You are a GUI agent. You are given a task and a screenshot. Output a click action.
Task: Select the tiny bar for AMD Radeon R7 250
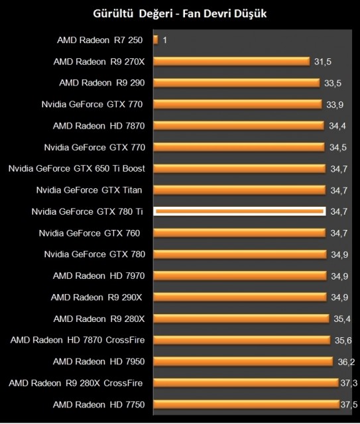156,40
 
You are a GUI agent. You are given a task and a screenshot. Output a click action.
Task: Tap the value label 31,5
323,62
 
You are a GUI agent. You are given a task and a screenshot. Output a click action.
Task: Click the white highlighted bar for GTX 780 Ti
239,211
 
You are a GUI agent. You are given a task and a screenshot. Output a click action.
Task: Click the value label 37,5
349,404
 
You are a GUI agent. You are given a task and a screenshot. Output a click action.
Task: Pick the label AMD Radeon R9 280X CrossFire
75,383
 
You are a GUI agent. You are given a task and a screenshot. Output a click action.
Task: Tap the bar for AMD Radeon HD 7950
243,361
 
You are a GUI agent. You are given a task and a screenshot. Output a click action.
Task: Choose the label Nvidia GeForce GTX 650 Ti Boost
76,168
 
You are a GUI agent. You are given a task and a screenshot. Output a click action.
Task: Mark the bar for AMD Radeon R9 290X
241,297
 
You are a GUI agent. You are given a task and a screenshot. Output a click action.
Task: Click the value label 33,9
335,105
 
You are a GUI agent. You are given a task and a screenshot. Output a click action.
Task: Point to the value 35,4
342,319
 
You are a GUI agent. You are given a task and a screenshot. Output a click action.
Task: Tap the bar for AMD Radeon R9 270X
232,62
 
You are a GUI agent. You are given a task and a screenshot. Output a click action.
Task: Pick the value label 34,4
338,126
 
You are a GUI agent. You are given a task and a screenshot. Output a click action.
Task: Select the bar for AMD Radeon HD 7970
241,276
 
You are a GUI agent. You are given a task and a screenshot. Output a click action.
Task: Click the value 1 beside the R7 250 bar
164,40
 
